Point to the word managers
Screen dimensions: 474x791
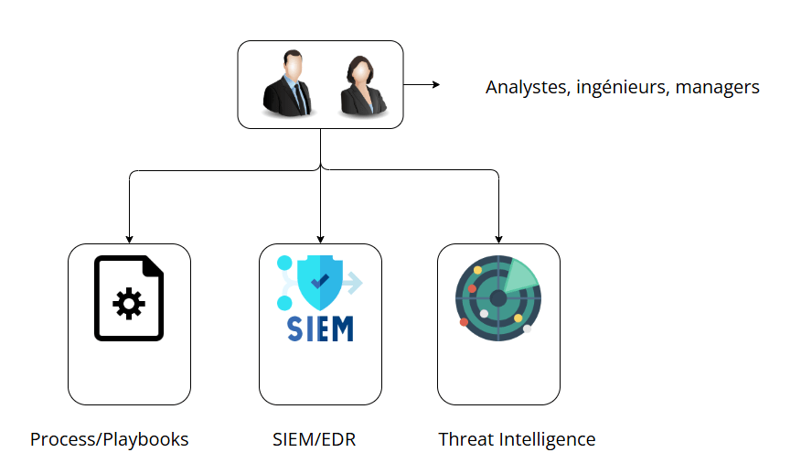(718, 89)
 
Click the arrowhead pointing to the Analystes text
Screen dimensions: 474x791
(436, 85)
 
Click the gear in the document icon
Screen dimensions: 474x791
(128, 303)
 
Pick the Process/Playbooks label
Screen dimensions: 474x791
(109, 439)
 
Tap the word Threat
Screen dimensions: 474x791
(466, 439)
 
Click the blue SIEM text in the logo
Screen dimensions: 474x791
(320, 329)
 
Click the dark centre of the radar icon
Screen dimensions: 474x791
(497, 298)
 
